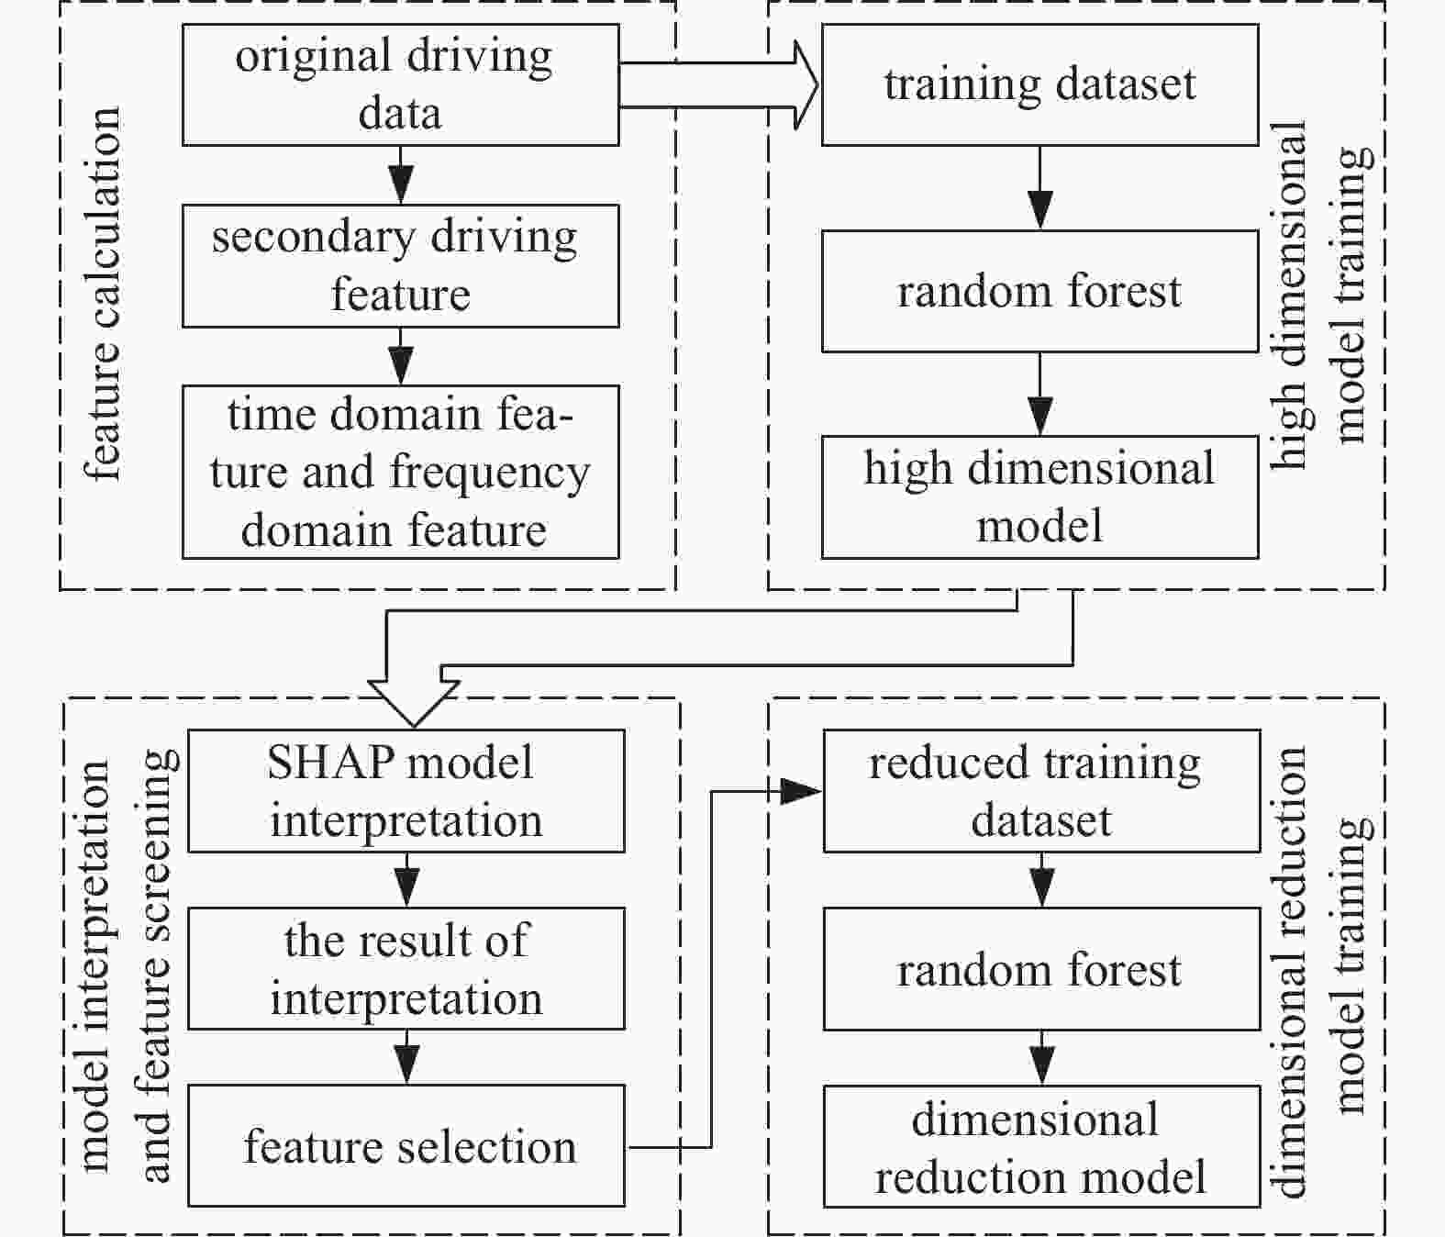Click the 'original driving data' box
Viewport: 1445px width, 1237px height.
coord(400,84)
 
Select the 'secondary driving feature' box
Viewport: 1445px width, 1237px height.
coord(400,265)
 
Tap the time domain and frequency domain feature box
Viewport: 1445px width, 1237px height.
coord(400,472)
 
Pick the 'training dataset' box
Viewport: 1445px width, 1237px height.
coord(1039,84)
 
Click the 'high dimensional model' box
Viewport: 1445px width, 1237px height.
coord(1039,496)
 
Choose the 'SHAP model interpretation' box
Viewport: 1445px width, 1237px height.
coord(406,791)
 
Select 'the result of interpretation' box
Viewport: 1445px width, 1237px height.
coord(406,968)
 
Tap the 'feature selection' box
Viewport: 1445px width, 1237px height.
coord(406,1145)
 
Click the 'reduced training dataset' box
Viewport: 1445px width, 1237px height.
coord(1040,791)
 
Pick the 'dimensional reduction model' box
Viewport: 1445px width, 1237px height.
coord(1040,1147)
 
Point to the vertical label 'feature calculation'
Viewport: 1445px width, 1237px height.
coord(103,294)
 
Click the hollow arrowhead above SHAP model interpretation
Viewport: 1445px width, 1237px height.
coord(413,702)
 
